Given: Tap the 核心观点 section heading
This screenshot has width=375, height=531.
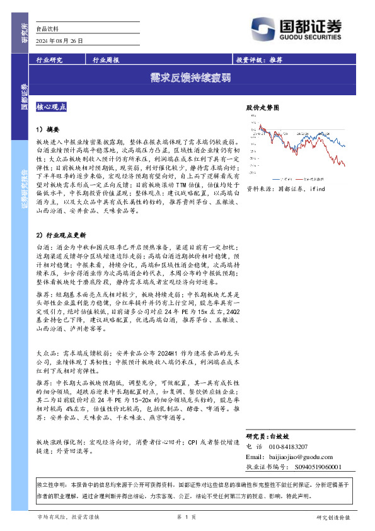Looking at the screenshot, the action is coord(55,107).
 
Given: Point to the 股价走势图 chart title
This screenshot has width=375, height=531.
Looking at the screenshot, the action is coord(262,108).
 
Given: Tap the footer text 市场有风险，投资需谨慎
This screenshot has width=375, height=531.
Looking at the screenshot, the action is coord(72,517).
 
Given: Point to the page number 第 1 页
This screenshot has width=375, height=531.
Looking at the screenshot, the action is coord(187,517).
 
